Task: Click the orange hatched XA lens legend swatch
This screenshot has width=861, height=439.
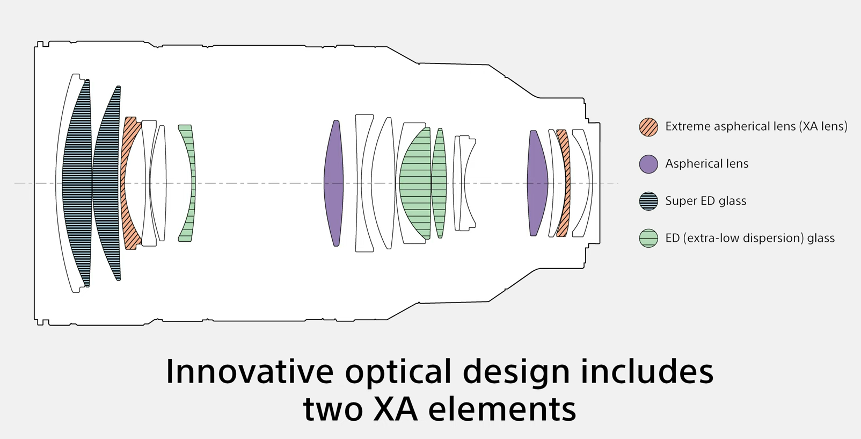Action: coord(648,127)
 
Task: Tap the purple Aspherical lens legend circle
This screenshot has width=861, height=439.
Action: coord(648,164)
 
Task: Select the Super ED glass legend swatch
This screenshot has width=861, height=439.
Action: coord(648,201)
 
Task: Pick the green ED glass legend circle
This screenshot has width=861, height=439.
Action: coord(648,238)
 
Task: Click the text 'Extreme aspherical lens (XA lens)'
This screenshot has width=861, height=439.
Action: coord(756,126)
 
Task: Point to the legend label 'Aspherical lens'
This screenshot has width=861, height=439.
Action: coord(706,163)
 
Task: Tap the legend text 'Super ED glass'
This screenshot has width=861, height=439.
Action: coord(705,201)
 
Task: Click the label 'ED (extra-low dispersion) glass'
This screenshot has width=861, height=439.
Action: coord(749,238)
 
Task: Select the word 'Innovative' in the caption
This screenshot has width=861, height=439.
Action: coord(250,371)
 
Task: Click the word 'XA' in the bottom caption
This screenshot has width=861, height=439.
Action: coord(396,409)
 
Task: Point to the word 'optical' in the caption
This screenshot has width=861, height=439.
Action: coord(398,372)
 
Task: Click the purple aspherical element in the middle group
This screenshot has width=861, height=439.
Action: coord(334,183)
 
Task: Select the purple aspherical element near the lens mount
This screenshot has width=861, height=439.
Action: coord(536,183)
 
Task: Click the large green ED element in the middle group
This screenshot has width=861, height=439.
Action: coord(416,183)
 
